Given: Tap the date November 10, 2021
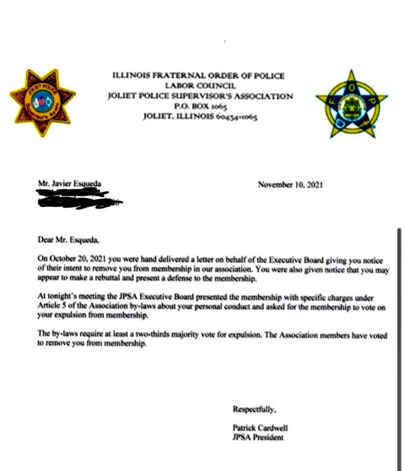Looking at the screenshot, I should click(x=290, y=185).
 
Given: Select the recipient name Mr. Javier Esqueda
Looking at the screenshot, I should click(x=70, y=183).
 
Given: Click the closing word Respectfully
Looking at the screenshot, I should click(x=250, y=408).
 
